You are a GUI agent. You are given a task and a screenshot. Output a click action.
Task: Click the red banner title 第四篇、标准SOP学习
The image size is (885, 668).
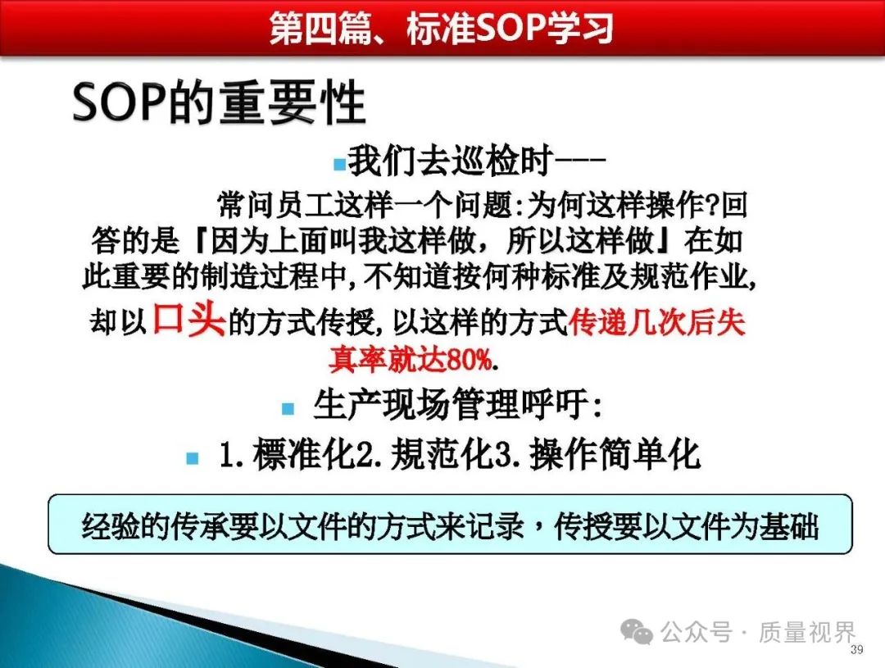[x=442, y=28]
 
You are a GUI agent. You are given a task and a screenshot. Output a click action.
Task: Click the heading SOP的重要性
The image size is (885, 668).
[x=219, y=102]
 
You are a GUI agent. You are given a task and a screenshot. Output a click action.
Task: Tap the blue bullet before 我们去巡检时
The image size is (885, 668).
[x=339, y=164]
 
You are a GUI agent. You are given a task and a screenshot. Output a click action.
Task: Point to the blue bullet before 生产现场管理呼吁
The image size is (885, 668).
[x=288, y=408]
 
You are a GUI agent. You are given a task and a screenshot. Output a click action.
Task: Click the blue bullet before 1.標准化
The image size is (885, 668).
[x=193, y=457]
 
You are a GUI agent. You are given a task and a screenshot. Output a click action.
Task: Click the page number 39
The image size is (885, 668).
[x=857, y=649]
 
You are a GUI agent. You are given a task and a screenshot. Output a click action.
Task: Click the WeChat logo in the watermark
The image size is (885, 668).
[x=637, y=631]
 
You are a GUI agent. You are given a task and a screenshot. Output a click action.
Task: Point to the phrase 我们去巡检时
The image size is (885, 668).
[x=450, y=161]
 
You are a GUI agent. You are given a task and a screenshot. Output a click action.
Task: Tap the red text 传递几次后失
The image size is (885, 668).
[x=657, y=322]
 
